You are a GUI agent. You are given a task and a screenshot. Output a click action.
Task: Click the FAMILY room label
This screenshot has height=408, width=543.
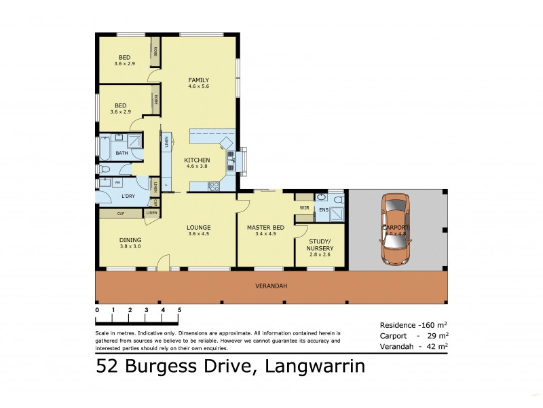click(198, 80)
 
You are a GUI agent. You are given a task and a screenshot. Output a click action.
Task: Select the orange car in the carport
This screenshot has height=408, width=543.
click(395, 228)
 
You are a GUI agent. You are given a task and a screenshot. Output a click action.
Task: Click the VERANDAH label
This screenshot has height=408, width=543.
click(271, 286)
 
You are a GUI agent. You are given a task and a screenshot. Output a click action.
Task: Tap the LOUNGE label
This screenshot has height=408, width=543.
click(199, 227)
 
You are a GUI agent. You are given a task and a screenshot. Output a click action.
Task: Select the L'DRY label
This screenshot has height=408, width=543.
click(128, 197)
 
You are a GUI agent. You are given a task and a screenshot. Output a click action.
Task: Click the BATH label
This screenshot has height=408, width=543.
click(121, 154)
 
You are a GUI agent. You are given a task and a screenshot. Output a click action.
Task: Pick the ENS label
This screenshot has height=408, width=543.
click(324, 209)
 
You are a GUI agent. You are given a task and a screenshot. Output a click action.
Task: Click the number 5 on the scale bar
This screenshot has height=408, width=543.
click(179, 309)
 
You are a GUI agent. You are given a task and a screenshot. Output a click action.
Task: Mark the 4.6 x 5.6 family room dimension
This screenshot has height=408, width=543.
click(198, 87)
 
